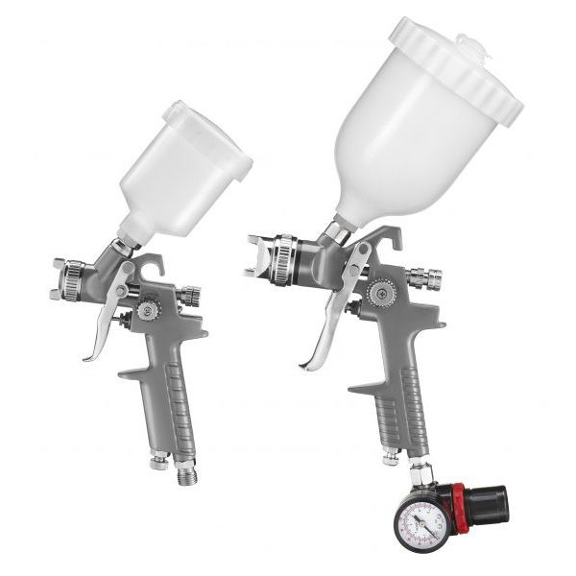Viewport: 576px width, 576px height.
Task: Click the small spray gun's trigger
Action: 108,317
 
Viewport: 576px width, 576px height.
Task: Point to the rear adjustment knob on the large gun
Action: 422,278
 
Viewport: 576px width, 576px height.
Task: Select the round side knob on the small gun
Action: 149,310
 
